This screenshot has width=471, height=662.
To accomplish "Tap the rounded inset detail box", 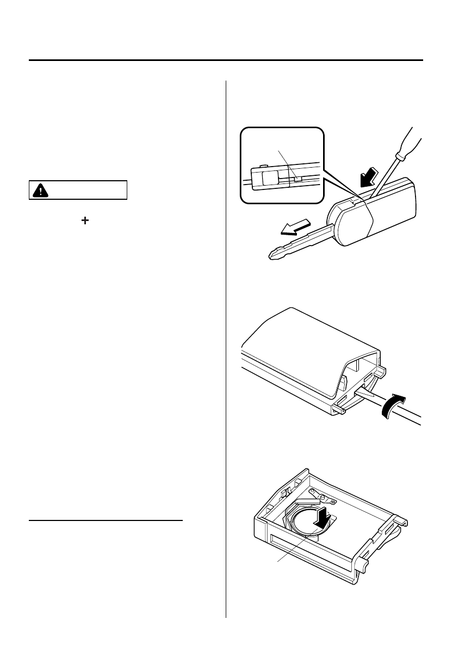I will pyautogui.click(x=281, y=164).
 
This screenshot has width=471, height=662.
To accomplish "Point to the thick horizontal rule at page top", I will pyautogui.click(x=226, y=60).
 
